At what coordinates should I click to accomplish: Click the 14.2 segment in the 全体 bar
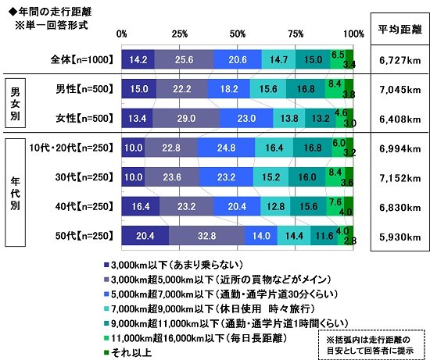[138, 59]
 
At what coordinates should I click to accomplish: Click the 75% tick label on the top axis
[295, 34]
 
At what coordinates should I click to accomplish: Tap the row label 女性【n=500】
[81, 119]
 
